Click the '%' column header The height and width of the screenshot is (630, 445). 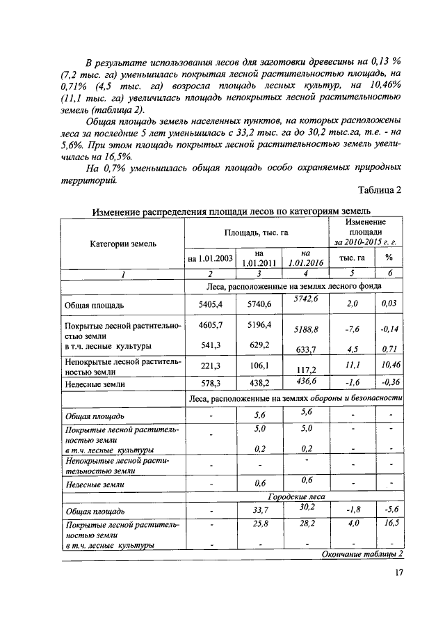pos(389,258)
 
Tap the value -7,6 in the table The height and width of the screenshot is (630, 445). pos(351,330)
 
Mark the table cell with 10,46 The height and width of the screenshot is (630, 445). pos(389,364)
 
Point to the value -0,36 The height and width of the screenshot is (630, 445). pos(389,381)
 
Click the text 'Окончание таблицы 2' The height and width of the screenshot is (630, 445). pos(362,553)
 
